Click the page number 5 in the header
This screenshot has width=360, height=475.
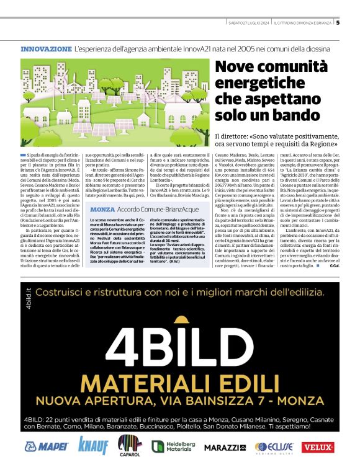pyautogui.click(x=338, y=23)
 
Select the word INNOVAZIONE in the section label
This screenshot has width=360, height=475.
pyautogui.click(x=46, y=48)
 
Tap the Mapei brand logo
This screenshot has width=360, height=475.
pyautogui.click(x=46, y=446)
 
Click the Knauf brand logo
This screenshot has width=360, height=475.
pyautogui.click(x=93, y=445)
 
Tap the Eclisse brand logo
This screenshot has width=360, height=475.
pyautogui.click(x=274, y=446)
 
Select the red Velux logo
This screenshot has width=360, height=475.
pyautogui.click(x=318, y=446)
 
